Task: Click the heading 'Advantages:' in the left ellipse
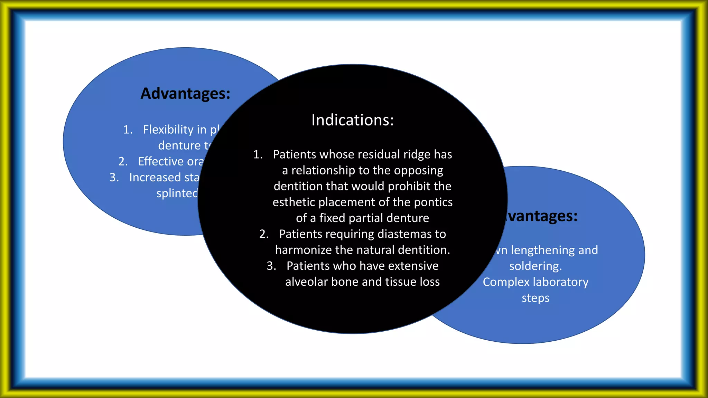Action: (x=185, y=94)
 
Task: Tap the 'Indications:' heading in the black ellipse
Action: (x=353, y=120)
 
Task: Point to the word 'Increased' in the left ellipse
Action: (x=155, y=177)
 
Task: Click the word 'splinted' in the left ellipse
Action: (x=177, y=193)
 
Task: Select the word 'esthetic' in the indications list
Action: (x=294, y=202)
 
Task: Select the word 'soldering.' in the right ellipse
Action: (x=535, y=266)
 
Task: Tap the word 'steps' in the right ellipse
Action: (x=535, y=298)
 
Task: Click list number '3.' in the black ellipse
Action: (x=271, y=266)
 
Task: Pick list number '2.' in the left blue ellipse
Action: (x=123, y=161)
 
